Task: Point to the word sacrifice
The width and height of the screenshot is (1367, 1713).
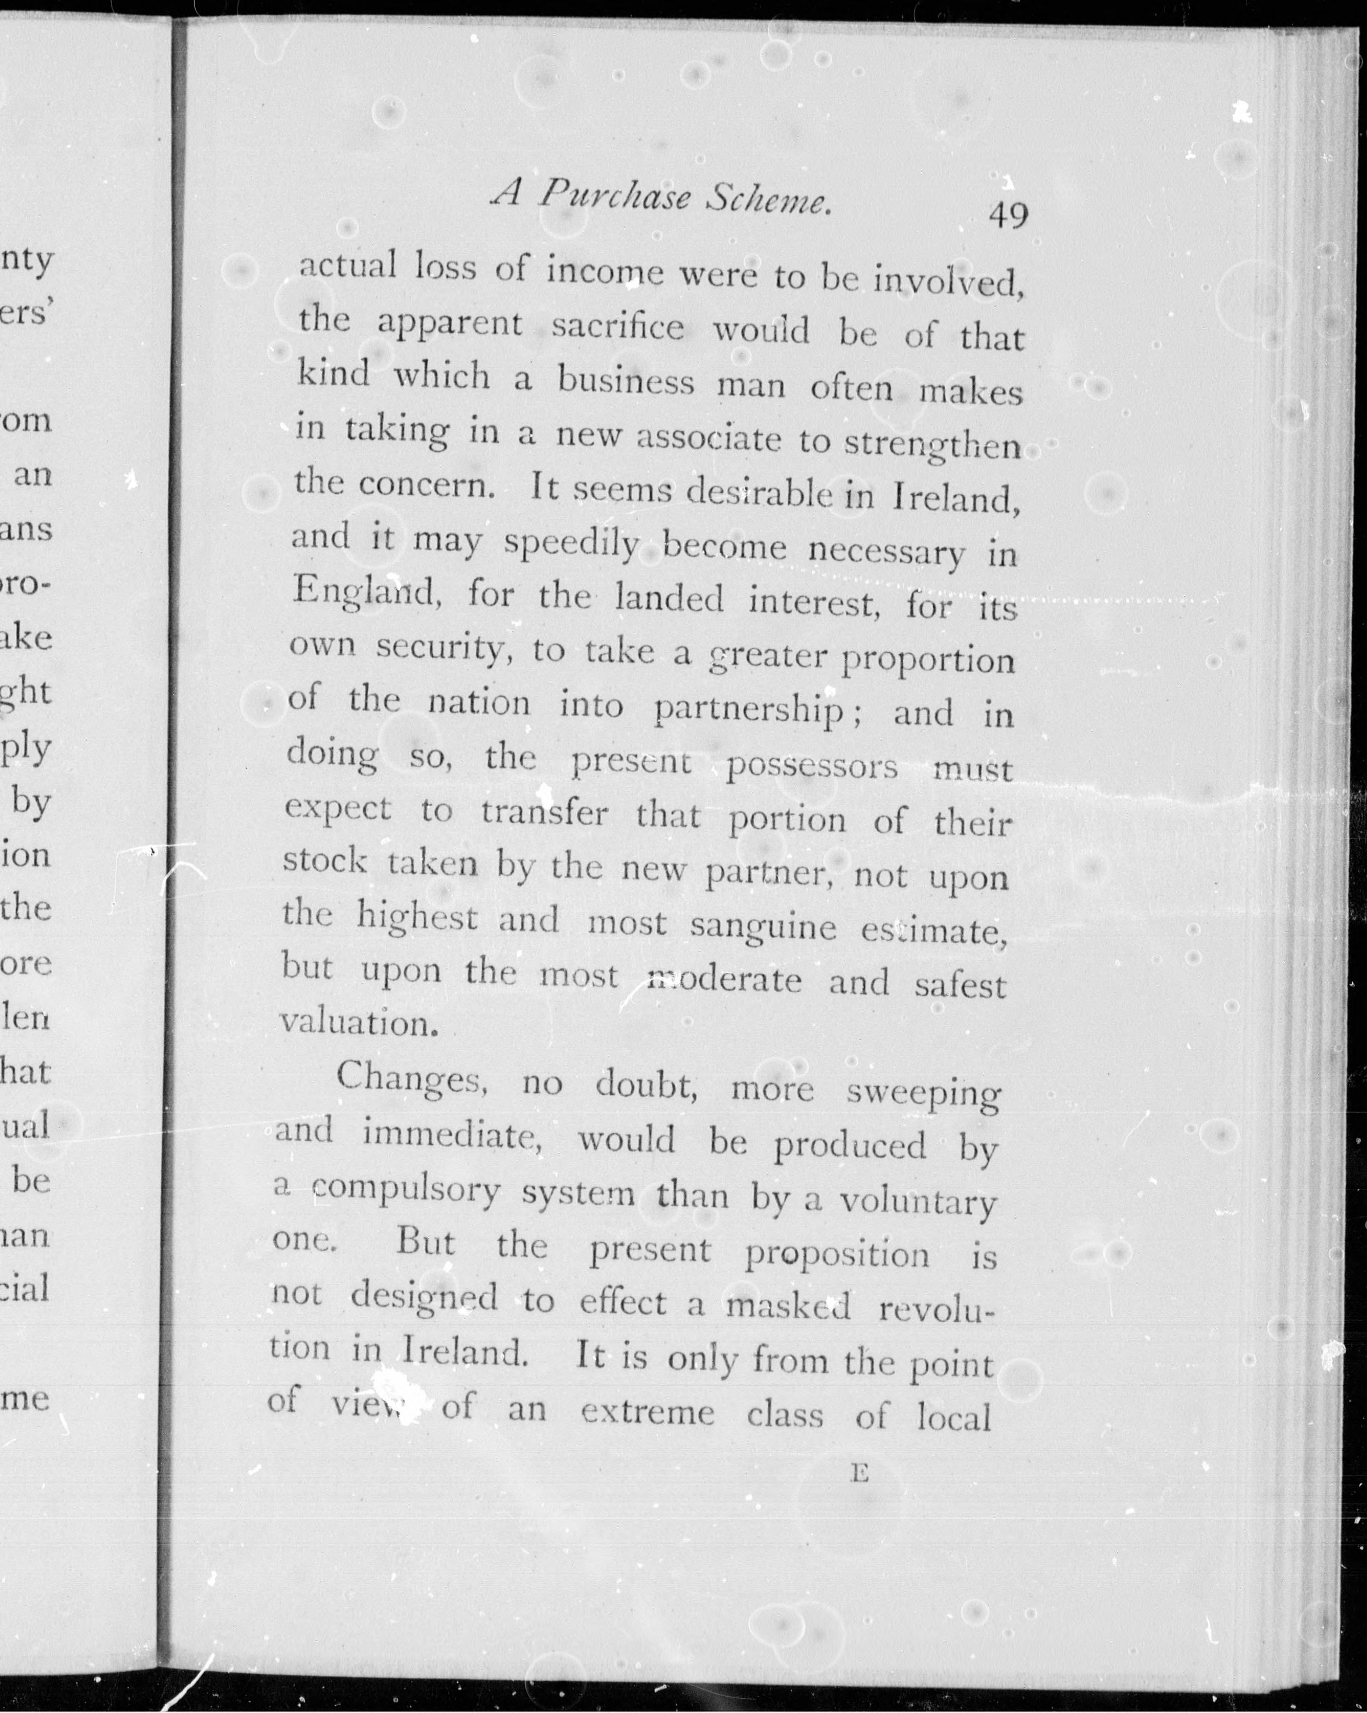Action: click(x=617, y=327)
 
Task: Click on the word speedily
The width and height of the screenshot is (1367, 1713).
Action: click(x=571, y=547)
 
